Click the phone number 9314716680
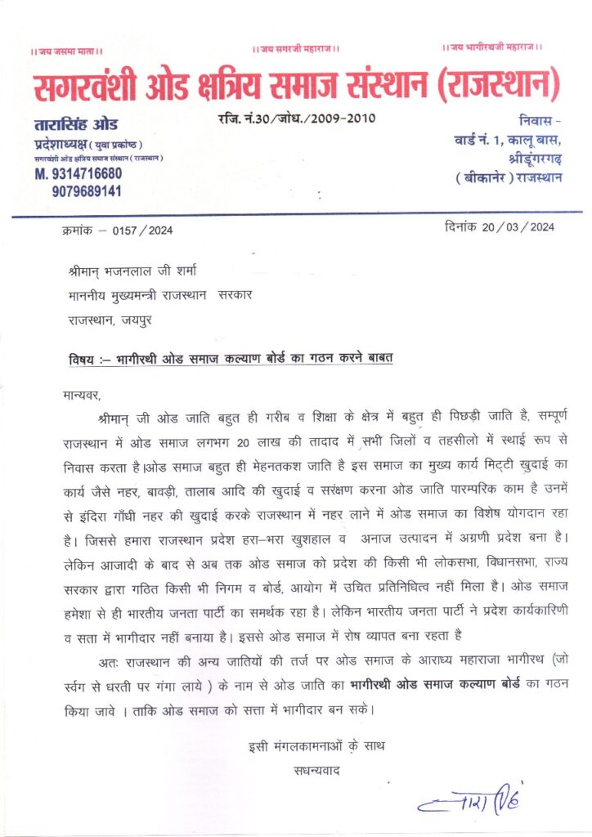point(78,174)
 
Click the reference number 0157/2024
point(146,231)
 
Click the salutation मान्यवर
point(80,396)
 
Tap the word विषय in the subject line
point(83,360)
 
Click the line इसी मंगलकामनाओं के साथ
point(316,746)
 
